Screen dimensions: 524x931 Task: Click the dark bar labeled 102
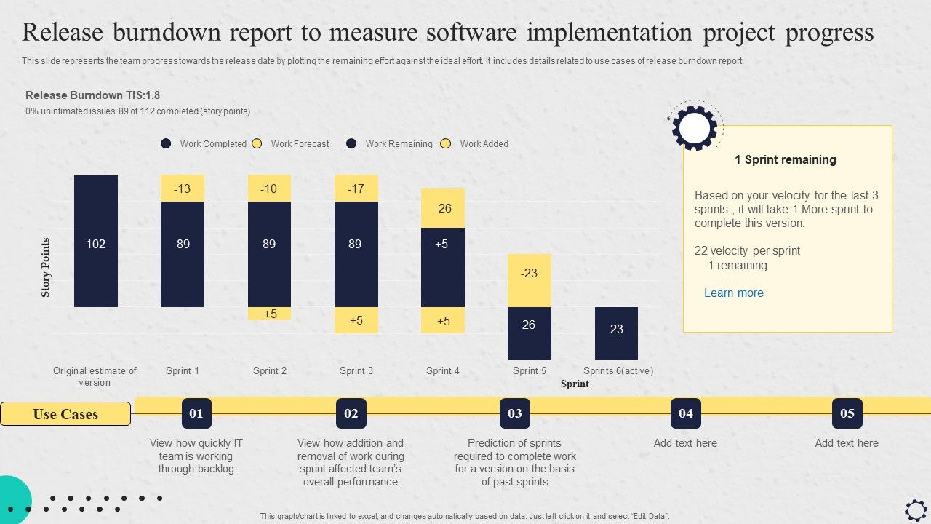point(96,241)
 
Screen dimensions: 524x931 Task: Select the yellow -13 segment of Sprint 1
point(183,188)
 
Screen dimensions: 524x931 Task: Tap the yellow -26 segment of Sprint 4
point(443,208)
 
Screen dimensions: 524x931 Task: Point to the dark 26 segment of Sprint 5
point(529,333)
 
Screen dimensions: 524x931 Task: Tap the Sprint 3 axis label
point(356,371)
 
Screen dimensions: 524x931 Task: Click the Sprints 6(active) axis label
point(618,371)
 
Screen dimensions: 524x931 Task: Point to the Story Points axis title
point(46,267)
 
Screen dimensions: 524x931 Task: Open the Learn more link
point(733,293)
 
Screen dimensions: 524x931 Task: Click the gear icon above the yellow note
point(695,127)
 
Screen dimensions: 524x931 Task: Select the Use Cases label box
point(65,414)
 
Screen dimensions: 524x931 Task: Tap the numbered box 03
point(515,413)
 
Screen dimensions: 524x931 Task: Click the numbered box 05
point(847,413)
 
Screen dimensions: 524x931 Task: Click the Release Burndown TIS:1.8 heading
point(92,95)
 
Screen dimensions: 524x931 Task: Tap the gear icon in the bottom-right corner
point(916,509)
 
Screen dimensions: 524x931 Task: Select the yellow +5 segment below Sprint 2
point(270,314)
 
